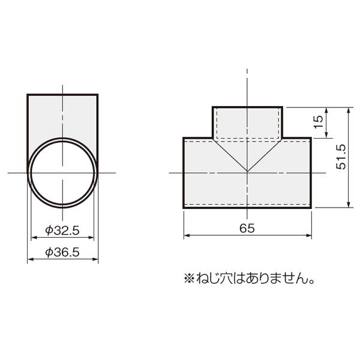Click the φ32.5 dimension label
coord(62,230)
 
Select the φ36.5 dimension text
coord(62,252)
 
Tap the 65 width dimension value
coord(247,228)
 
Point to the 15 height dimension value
coord(318,122)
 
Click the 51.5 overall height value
coord(341,157)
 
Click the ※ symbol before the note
coord(190,278)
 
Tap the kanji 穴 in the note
coord(226,278)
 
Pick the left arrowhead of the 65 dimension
coord(187,235)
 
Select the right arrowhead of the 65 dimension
coord(309,235)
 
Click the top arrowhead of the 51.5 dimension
coord(349,110)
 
